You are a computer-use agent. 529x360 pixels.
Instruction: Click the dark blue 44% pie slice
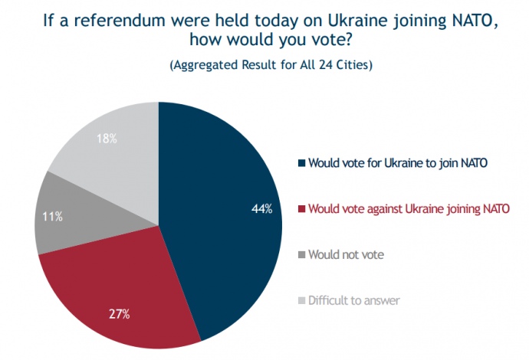coord(222,207)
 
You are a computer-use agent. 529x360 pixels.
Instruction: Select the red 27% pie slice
coord(123,283)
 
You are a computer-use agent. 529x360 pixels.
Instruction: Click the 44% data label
coord(261,208)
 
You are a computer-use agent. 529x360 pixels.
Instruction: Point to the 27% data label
coord(119,314)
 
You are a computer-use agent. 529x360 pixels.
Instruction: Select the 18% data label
coord(107,139)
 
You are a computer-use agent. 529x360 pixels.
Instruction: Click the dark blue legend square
coord(301,163)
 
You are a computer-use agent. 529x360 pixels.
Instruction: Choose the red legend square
coord(301,209)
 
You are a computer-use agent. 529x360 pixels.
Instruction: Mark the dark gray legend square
coord(301,255)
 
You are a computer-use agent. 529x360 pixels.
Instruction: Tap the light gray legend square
coord(301,301)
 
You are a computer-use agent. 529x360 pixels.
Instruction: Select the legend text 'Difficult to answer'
coord(353,300)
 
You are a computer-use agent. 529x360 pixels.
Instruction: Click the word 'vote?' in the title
coord(336,42)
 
